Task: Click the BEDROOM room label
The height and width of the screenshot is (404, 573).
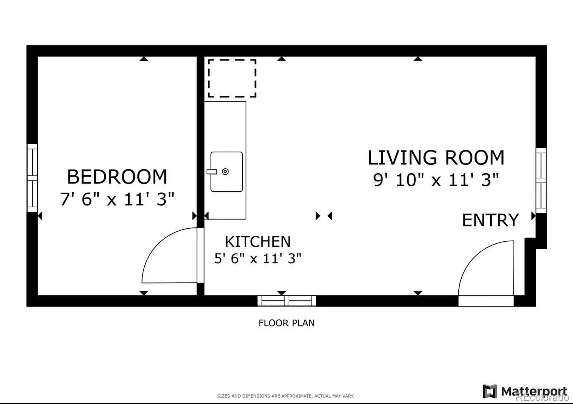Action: point(117,177)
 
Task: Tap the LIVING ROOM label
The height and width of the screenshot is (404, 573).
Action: point(436,157)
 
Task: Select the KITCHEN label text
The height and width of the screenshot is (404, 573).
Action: point(258,242)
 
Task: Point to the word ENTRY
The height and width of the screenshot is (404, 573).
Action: point(490,220)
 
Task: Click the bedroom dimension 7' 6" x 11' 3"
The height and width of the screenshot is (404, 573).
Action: point(117,199)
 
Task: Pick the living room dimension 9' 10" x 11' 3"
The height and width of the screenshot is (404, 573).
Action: point(436,179)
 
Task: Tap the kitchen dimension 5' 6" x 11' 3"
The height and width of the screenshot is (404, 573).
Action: point(258,258)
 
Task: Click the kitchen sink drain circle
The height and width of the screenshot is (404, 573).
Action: point(225,172)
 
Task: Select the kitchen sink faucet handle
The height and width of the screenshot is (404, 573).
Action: point(212,172)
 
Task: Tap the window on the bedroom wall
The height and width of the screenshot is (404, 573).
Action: point(32,178)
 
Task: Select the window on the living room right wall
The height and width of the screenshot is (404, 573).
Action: point(541,180)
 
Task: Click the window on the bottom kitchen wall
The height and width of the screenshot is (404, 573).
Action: point(287,301)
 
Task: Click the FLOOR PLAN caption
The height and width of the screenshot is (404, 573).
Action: point(286,323)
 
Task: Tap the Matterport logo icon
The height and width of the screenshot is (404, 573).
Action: point(490,391)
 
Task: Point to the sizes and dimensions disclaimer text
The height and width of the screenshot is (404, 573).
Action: point(285,396)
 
